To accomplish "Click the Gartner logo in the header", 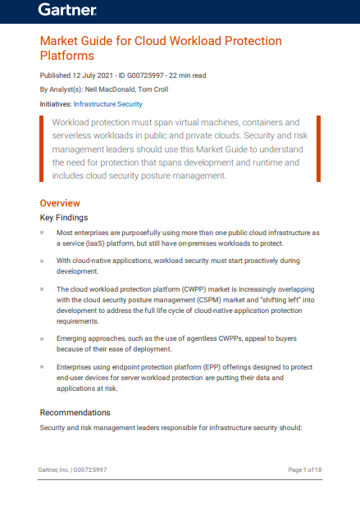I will pyautogui.click(x=67, y=11).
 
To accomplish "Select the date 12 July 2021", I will pyautogui.click(x=89, y=75).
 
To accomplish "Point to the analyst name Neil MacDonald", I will pyautogui.click(x=109, y=88).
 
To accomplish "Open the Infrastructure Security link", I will pyautogui.click(x=107, y=104).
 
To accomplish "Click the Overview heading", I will pyautogui.click(x=60, y=202).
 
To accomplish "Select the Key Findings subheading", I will pyautogui.click(x=64, y=218).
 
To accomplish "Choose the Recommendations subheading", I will pyautogui.click(x=75, y=412).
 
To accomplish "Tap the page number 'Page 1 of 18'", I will pyautogui.click(x=304, y=469).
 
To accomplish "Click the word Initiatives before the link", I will pyautogui.click(x=55, y=104).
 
